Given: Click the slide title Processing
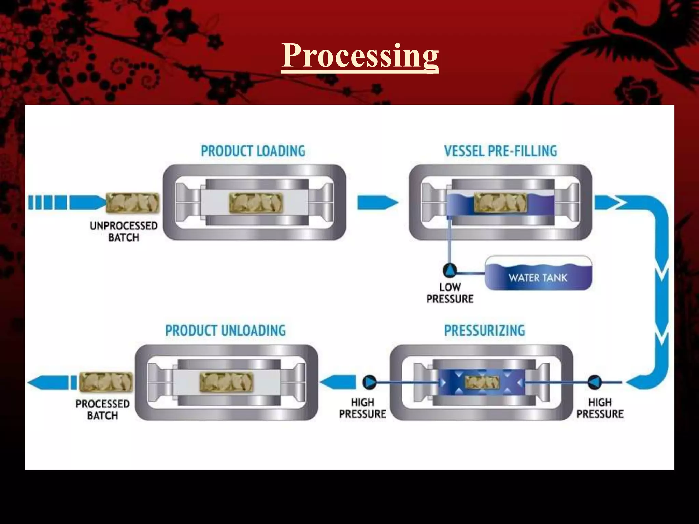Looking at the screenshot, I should (x=360, y=56).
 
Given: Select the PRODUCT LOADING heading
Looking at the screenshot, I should (x=253, y=151).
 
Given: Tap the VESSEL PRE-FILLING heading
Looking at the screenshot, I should (x=500, y=151).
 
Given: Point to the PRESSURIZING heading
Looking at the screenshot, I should (x=484, y=331).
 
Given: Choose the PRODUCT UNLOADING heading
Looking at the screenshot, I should (x=225, y=331).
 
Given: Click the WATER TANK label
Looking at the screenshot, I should (x=538, y=278).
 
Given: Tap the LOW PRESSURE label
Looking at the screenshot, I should (x=450, y=293).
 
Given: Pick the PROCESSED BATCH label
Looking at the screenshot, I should (x=102, y=410).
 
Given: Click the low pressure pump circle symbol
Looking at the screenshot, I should (x=450, y=271).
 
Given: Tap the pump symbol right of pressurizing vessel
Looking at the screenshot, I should (x=594, y=382).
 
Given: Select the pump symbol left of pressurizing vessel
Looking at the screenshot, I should (x=369, y=382).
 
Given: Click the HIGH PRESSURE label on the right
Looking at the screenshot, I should (x=600, y=408).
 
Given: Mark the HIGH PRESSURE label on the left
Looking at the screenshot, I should (x=362, y=408).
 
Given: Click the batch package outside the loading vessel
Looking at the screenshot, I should (x=133, y=203).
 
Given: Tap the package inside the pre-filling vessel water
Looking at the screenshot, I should (x=500, y=203).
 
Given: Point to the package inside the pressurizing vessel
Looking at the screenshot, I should (x=482, y=382).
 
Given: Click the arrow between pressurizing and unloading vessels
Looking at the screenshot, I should (x=338, y=382).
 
